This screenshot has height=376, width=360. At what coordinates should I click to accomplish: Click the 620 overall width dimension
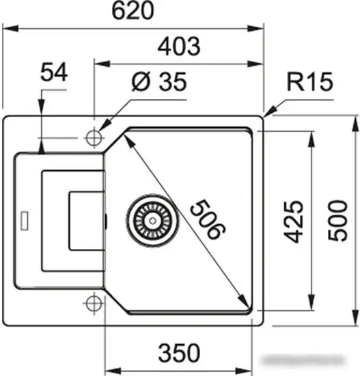[x=133, y=11]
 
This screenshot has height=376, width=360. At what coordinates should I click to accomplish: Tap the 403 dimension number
[x=179, y=46]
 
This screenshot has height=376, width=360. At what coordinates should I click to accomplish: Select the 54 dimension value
[x=54, y=72]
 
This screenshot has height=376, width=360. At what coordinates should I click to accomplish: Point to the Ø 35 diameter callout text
[x=159, y=81]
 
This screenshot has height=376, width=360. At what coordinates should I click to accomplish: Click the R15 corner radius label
[x=310, y=81]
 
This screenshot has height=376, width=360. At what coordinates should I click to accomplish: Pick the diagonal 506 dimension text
[x=208, y=219]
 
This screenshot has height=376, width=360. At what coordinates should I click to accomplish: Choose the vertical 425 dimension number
[x=293, y=221]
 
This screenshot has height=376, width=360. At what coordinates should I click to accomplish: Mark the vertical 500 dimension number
[x=337, y=220]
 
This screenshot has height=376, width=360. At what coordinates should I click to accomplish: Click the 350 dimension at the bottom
[x=179, y=353]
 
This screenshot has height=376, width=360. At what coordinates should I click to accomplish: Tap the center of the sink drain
[x=152, y=220]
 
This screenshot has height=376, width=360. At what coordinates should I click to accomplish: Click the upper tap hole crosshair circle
[x=94, y=138]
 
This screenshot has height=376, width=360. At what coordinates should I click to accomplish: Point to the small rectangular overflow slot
[x=25, y=220]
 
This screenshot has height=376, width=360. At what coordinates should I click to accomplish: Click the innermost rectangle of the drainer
[x=87, y=221]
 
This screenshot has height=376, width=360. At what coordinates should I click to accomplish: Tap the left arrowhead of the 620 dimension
[x=10, y=28]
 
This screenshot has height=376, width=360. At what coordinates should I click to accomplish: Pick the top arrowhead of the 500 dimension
[x=355, y=124]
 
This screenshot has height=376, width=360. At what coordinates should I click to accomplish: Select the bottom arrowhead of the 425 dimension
[x=311, y=302]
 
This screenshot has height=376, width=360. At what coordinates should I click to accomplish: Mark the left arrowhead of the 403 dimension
[x=102, y=64]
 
